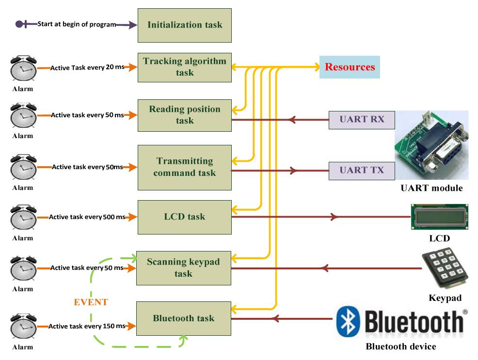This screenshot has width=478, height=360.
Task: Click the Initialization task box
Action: (x=184, y=25)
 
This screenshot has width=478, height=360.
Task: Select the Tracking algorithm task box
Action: (x=184, y=67)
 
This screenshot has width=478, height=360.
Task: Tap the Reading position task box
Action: (x=184, y=115)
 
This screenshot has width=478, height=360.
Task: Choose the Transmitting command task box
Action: (x=184, y=167)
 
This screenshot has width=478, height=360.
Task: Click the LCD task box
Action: (x=184, y=217)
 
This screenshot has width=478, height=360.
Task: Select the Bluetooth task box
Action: (x=183, y=318)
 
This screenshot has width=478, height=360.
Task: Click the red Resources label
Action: (x=350, y=67)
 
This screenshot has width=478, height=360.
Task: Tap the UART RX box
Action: (x=362, y=119)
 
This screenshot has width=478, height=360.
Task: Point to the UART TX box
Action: (x=362, y=170)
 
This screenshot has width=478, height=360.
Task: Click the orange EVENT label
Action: (x=91, y=302)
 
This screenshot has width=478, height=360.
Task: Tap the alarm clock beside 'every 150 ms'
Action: (x=23, y=327)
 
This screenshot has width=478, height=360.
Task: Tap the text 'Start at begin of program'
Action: (x=77, y=24)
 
